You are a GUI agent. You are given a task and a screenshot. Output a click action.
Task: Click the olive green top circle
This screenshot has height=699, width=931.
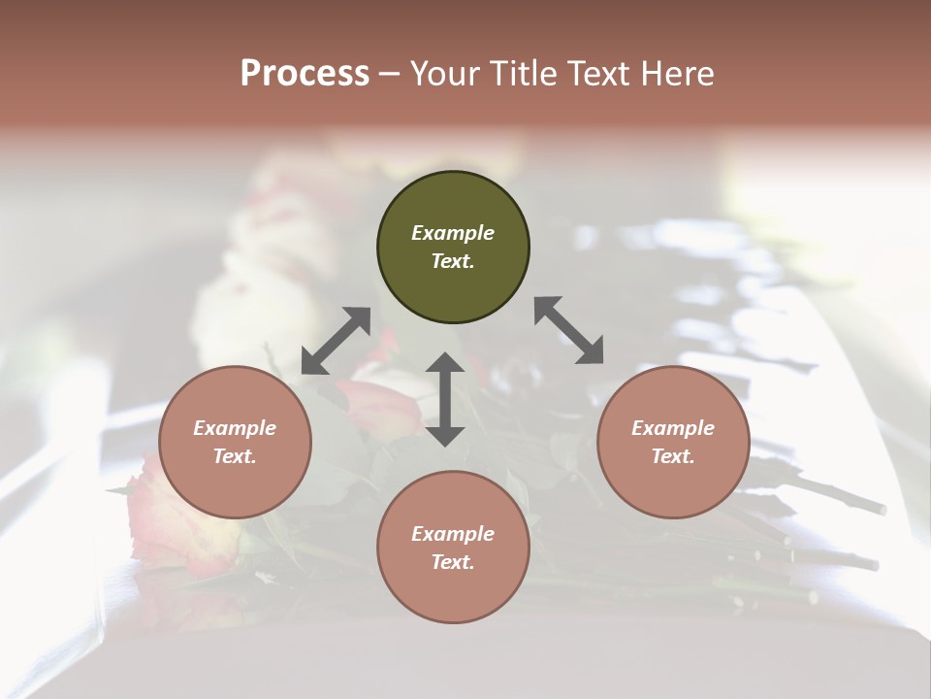tap(453, 248)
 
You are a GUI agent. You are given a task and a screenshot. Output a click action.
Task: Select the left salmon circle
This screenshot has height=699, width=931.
tap(235, 442)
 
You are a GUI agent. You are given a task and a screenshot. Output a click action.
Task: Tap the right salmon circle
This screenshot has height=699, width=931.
tap(673, 442)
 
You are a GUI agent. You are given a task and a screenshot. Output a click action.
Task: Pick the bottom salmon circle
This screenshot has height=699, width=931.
tap(453, 548)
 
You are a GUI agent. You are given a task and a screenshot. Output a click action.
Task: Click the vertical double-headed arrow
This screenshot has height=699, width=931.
tap(445, 399)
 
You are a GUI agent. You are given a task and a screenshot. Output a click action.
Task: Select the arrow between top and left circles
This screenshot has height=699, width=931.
tap(336, 341)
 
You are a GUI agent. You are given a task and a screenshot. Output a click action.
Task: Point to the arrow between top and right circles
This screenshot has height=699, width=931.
tap(568, 330)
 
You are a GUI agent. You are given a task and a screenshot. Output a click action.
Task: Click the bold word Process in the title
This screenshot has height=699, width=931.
tap(305, 73)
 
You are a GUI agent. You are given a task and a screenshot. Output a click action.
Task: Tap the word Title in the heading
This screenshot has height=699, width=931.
tap(525, 73)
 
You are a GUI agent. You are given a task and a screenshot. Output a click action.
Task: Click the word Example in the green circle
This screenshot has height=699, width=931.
tap(453, 233)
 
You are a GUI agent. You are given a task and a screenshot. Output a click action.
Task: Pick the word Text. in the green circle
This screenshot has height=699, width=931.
tap(453, 261)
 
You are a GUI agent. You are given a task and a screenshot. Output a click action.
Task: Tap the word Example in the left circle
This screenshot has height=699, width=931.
tap(235, 428)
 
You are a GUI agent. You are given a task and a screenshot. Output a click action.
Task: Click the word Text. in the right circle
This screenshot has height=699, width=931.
tap(673, 456)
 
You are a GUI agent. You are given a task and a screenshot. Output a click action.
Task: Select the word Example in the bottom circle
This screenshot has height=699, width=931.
tap(453, 534)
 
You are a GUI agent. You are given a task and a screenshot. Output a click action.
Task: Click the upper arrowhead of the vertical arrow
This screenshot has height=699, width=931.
tap(445, 362)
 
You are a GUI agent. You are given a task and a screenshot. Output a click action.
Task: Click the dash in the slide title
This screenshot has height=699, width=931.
tap(390, 74)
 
